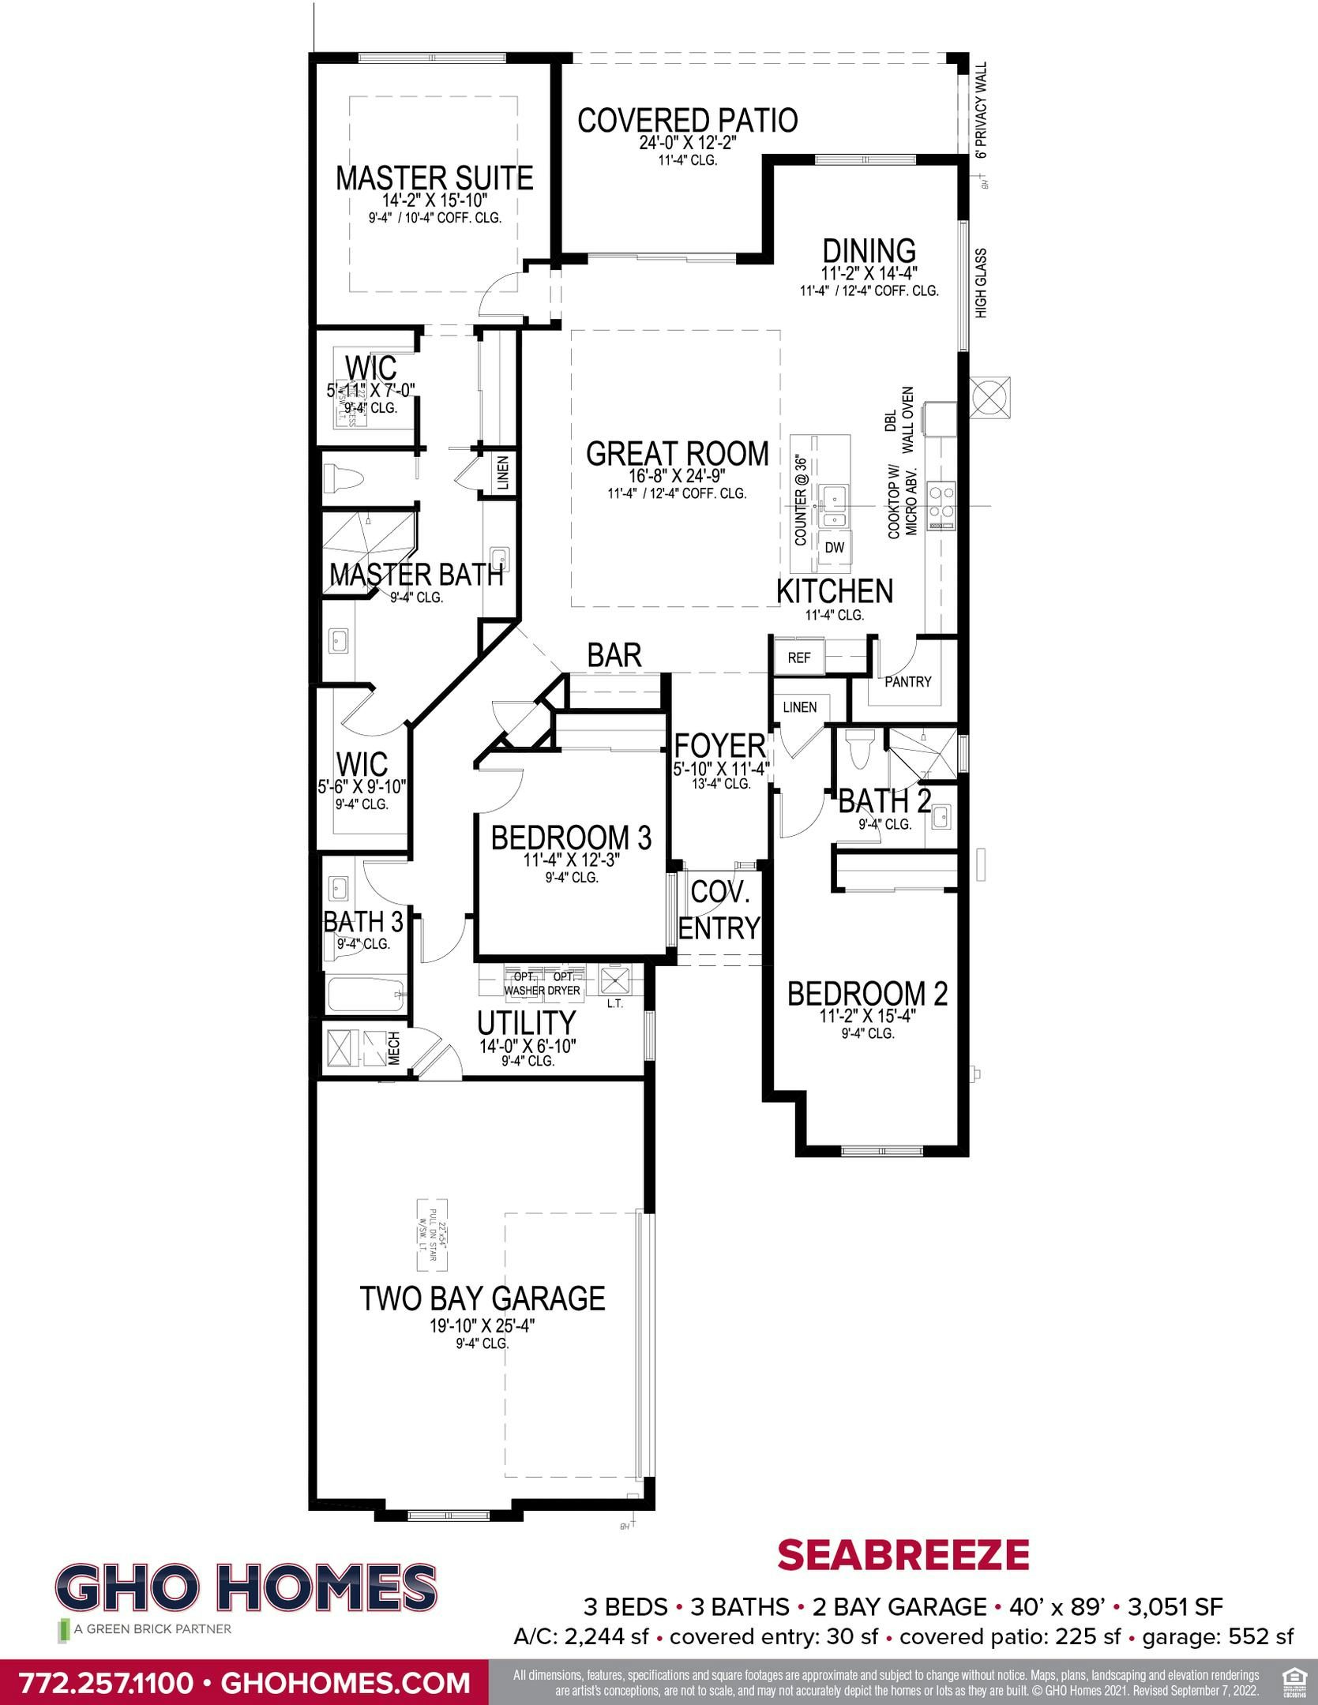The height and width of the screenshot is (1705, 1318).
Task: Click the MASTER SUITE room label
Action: [434, 178]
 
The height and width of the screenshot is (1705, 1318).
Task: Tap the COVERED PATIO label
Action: [687, 121]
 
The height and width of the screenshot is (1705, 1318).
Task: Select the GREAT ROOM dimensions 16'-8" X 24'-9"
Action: [678, 476]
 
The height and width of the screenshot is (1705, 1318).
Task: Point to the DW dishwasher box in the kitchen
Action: [835, 547]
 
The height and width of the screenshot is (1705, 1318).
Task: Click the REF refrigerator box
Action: [799, 657]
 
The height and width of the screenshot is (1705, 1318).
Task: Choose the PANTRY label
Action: [907, 681]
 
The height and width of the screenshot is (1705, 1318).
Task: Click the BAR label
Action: [614, 655]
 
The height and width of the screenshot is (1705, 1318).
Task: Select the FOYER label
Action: [719, 745]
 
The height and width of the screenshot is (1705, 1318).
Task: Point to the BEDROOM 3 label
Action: [571, 838]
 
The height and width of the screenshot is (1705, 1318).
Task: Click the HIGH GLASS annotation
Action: [982, 283]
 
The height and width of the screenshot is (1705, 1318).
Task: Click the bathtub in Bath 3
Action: [366, 995]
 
